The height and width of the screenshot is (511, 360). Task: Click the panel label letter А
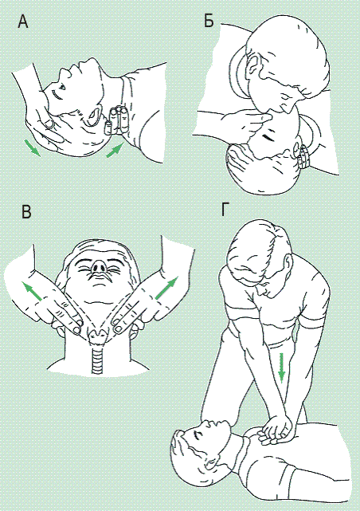[23, 22]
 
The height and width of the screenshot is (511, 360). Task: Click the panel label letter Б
[209, 21]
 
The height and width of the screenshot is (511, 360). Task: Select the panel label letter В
[26, 211]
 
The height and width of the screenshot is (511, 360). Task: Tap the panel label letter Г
[225, 209]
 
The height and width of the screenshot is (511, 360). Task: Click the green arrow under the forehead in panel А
[32, 147]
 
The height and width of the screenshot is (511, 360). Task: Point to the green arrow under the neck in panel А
[115, 150]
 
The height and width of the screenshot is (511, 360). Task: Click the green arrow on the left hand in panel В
[32, 291]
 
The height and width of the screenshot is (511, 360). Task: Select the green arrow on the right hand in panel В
[167, 288]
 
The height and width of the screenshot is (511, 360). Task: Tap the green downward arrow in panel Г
[281, 368]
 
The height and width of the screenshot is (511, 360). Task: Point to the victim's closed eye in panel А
[57, 96]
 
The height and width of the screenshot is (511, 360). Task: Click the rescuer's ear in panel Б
[252, 67]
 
